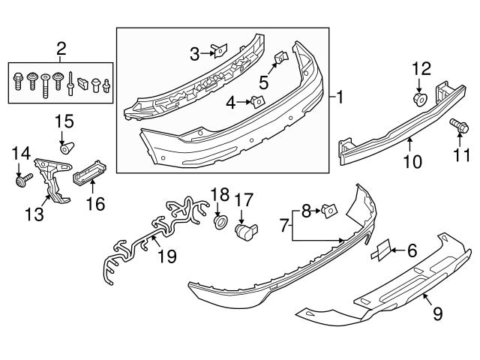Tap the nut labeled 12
pos(419,98)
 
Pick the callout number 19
pos(166,256)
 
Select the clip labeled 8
pos(327,214)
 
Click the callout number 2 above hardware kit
pos(61,49)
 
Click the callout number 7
pos(285,224)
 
